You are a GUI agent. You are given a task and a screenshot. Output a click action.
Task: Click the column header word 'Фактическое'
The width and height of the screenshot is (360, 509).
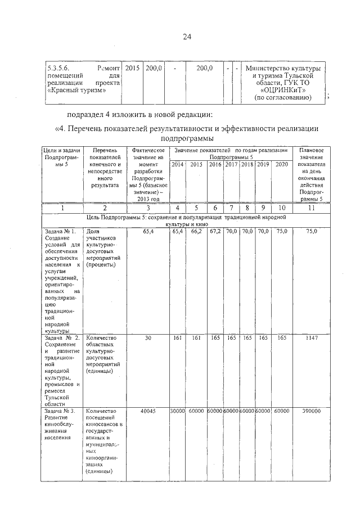point(148,151)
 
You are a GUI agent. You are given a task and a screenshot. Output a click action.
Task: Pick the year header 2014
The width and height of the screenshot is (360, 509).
point(177,164)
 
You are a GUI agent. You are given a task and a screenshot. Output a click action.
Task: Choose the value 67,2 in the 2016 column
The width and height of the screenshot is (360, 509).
point(215,231)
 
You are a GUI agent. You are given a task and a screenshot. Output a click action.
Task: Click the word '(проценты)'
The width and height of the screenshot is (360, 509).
point(102,265)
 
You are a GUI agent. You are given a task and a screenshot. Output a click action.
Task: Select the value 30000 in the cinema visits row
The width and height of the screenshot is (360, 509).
point(177,411)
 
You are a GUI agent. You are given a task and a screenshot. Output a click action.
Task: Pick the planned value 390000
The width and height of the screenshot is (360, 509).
point(312,411)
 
